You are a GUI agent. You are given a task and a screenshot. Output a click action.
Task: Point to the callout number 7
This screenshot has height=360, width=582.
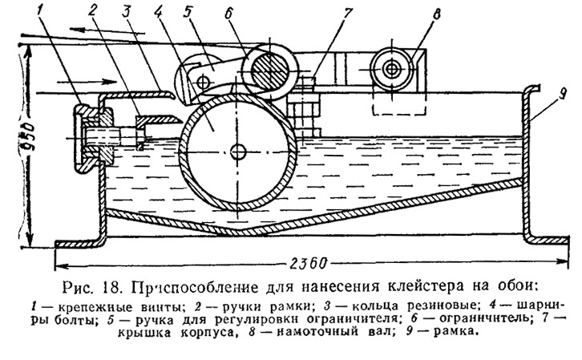pyautogui.click(x=346, y=14)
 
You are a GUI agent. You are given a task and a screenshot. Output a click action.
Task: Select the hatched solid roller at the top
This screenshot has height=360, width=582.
pyautogui.click(x=270, y=69)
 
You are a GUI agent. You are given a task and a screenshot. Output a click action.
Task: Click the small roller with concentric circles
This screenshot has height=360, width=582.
pyautogui.click(x=391, y=68)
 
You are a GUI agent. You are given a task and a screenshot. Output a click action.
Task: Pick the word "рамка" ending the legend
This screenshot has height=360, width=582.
pyautogui.click(x=455, y=331)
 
